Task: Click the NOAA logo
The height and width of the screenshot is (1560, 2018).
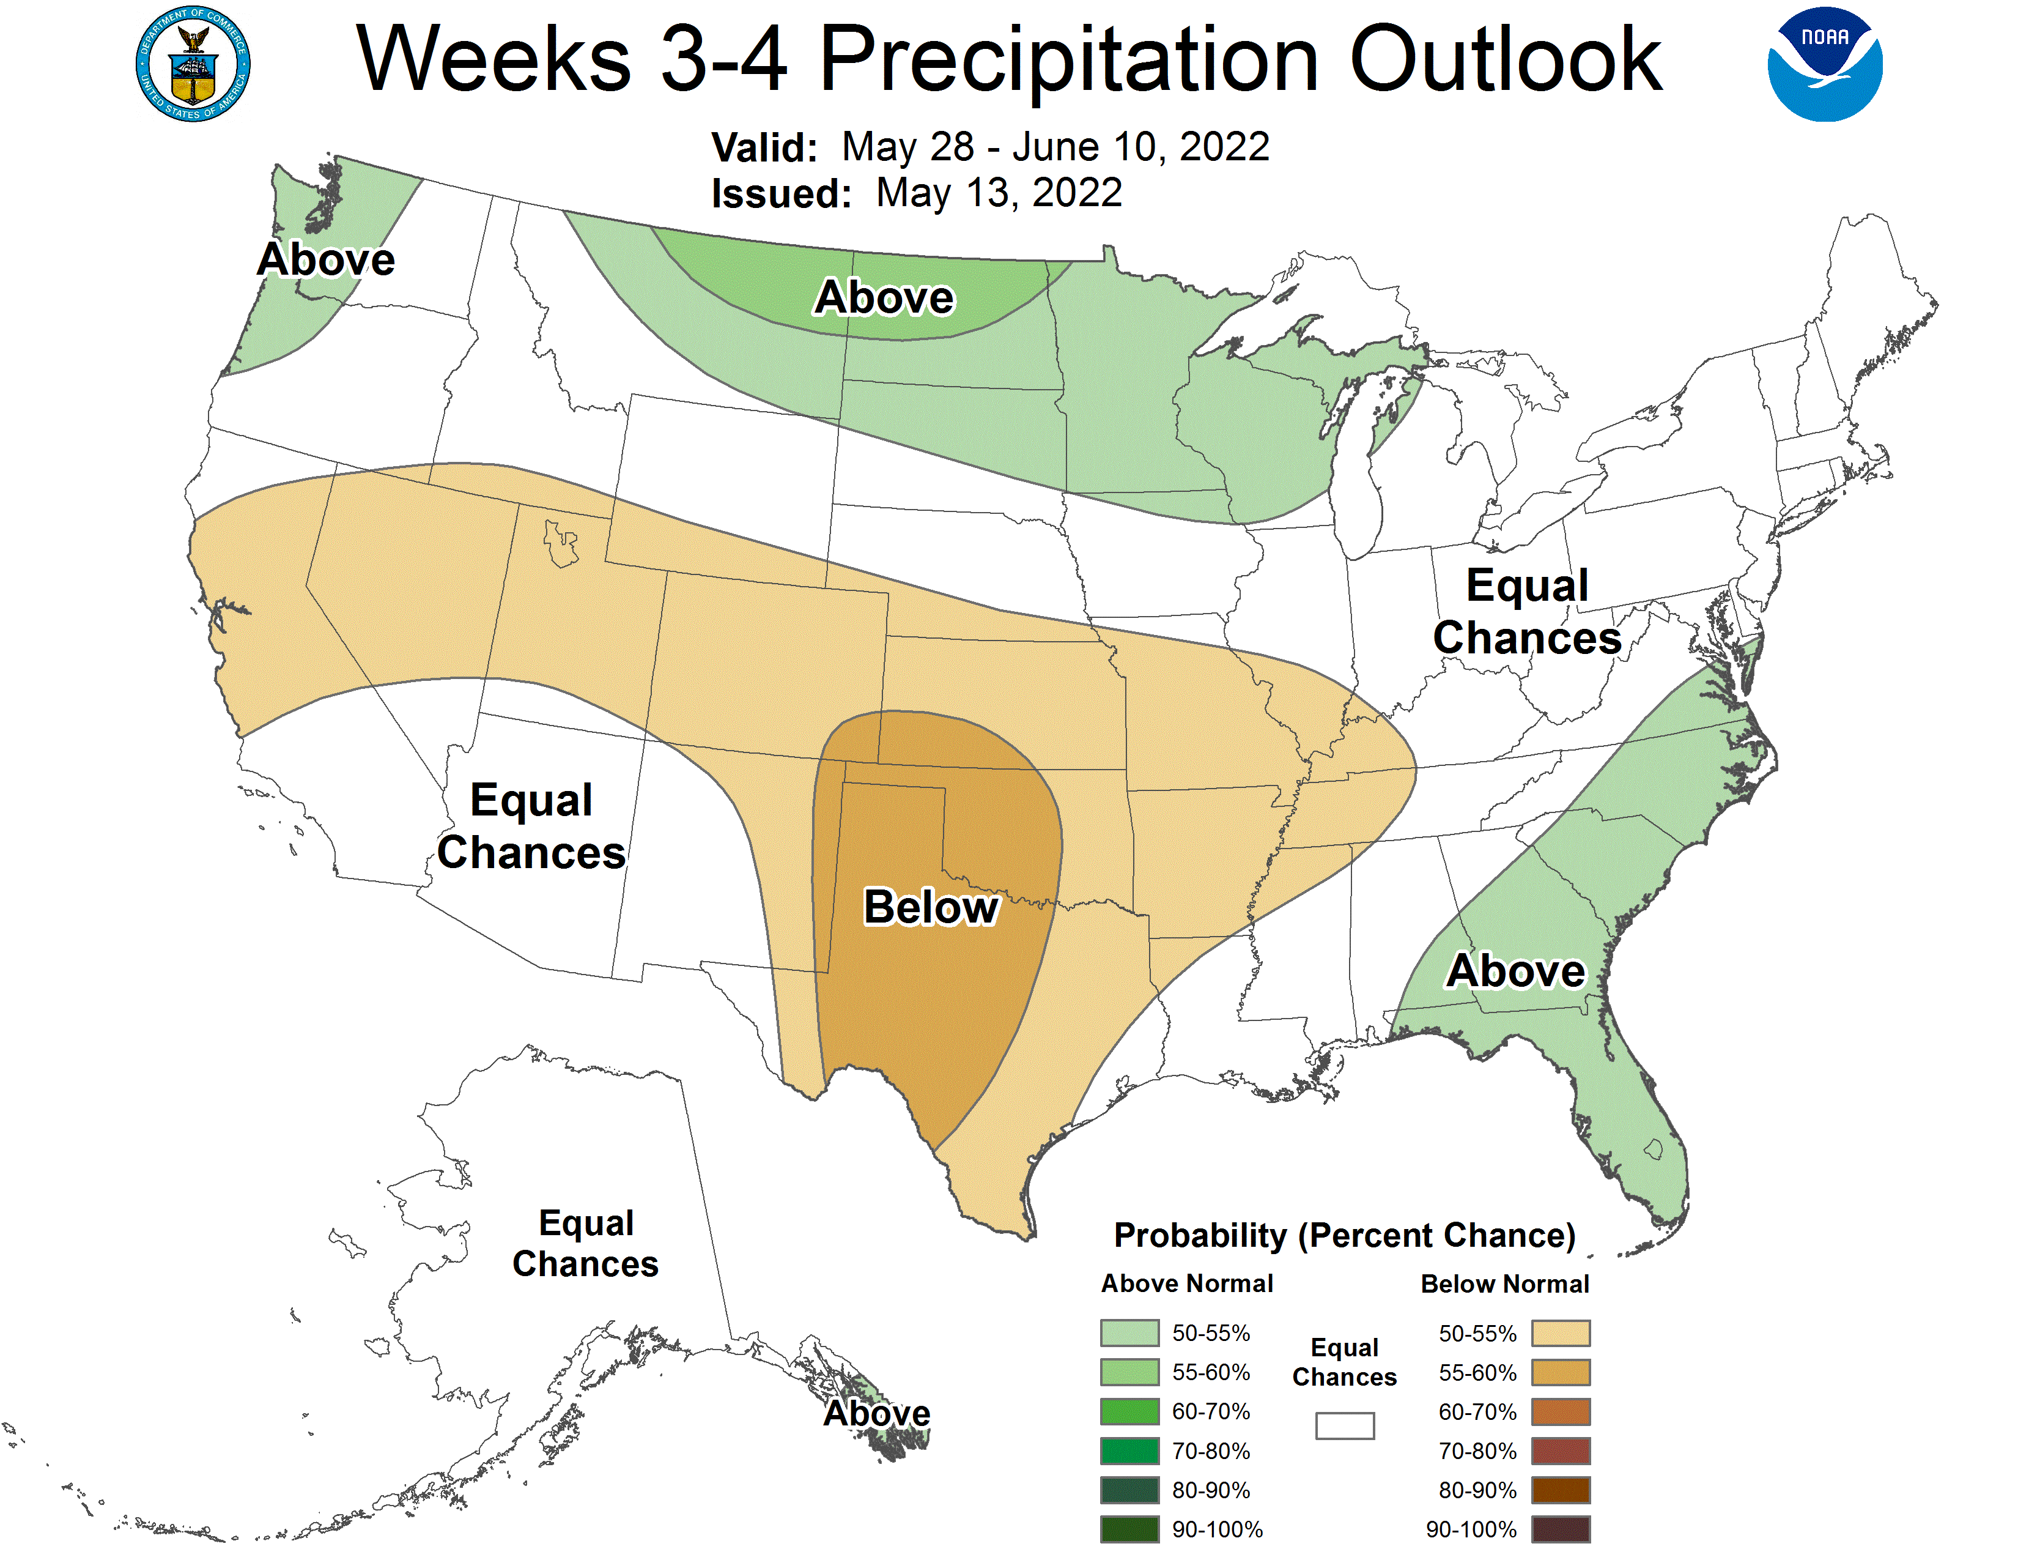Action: [1824, 65]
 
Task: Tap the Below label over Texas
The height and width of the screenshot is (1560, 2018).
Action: [931, 907]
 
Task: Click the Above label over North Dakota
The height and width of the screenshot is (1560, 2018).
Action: [884, 297]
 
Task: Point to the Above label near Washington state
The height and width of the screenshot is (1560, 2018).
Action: [326, 259]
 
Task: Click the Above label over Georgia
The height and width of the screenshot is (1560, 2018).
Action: [1515, 971]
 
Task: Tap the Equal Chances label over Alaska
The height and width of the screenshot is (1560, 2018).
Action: [586, 1243]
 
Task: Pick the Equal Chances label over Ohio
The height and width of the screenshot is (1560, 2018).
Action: [1528, 612]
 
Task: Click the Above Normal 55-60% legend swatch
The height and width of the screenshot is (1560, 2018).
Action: [1129, 1372]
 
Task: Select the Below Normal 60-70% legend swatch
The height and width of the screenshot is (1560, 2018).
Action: [1561, 1412]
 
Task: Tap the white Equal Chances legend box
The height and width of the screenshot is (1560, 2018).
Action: [1344, 1426]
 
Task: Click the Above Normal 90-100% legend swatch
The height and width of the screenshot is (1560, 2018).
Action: [1129, 1529]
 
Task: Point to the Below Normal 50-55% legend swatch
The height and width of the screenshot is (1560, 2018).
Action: [1561, 1334]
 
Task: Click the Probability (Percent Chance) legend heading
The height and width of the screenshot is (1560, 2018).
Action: [1344, 1236]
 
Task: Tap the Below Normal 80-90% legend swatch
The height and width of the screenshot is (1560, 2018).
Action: [1561, 1491]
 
